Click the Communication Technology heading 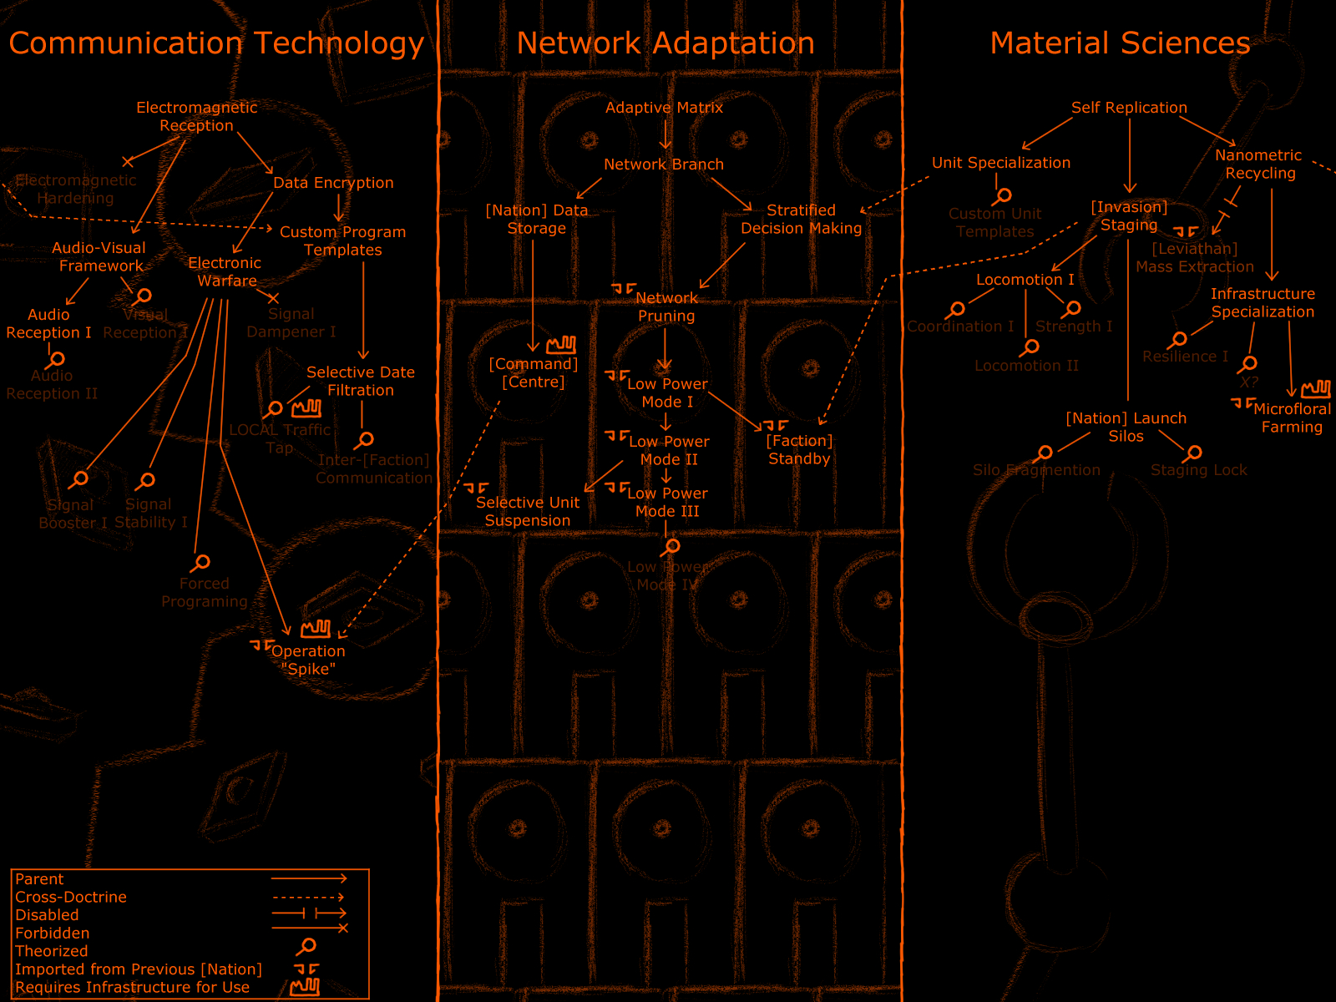click(x=216, y=43)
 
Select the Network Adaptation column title click(x=665, y=43)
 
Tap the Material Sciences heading click(x=1120, y=43)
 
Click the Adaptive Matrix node click(x=664, y=108)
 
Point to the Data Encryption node click(x=333, y=183)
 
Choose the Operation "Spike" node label click(x=308, y=660)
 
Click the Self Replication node click(x=1129, y=108)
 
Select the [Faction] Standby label click(x=799, y=449)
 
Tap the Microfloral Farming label click(x=1292, y=417)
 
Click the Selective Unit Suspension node click(x=527, y=511)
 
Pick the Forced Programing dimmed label click(x=205, y=592)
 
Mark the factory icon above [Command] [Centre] click(x=561, y=344)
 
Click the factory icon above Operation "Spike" click(x=316, y=628)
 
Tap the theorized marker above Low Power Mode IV click(x=670, y=547)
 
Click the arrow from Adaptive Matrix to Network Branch click(x=665, y=135)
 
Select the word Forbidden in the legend click(x=52, y=933)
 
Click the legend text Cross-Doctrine click(x=71, y=897)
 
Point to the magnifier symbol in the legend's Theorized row click(x=306, y=946)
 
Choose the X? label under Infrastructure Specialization click(x=1248, y=382)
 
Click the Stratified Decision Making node click(x=801, y=219)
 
